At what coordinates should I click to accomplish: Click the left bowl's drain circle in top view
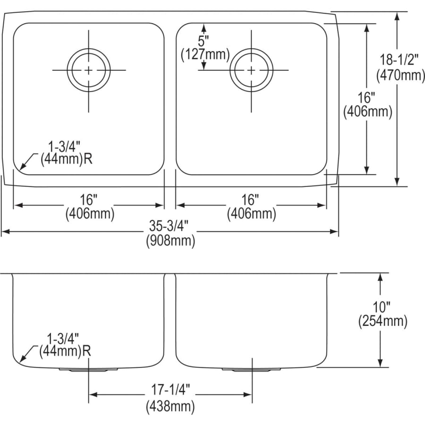tap(89, 49)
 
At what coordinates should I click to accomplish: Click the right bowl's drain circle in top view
tap(251, 49)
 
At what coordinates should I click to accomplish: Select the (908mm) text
tap(170, 240)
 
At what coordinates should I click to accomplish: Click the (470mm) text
tap(400, 75)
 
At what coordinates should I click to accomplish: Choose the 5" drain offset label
tap(203, 42)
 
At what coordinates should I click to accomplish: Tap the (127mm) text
tap(205, 54)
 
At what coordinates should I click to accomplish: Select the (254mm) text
tap(382, 322)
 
